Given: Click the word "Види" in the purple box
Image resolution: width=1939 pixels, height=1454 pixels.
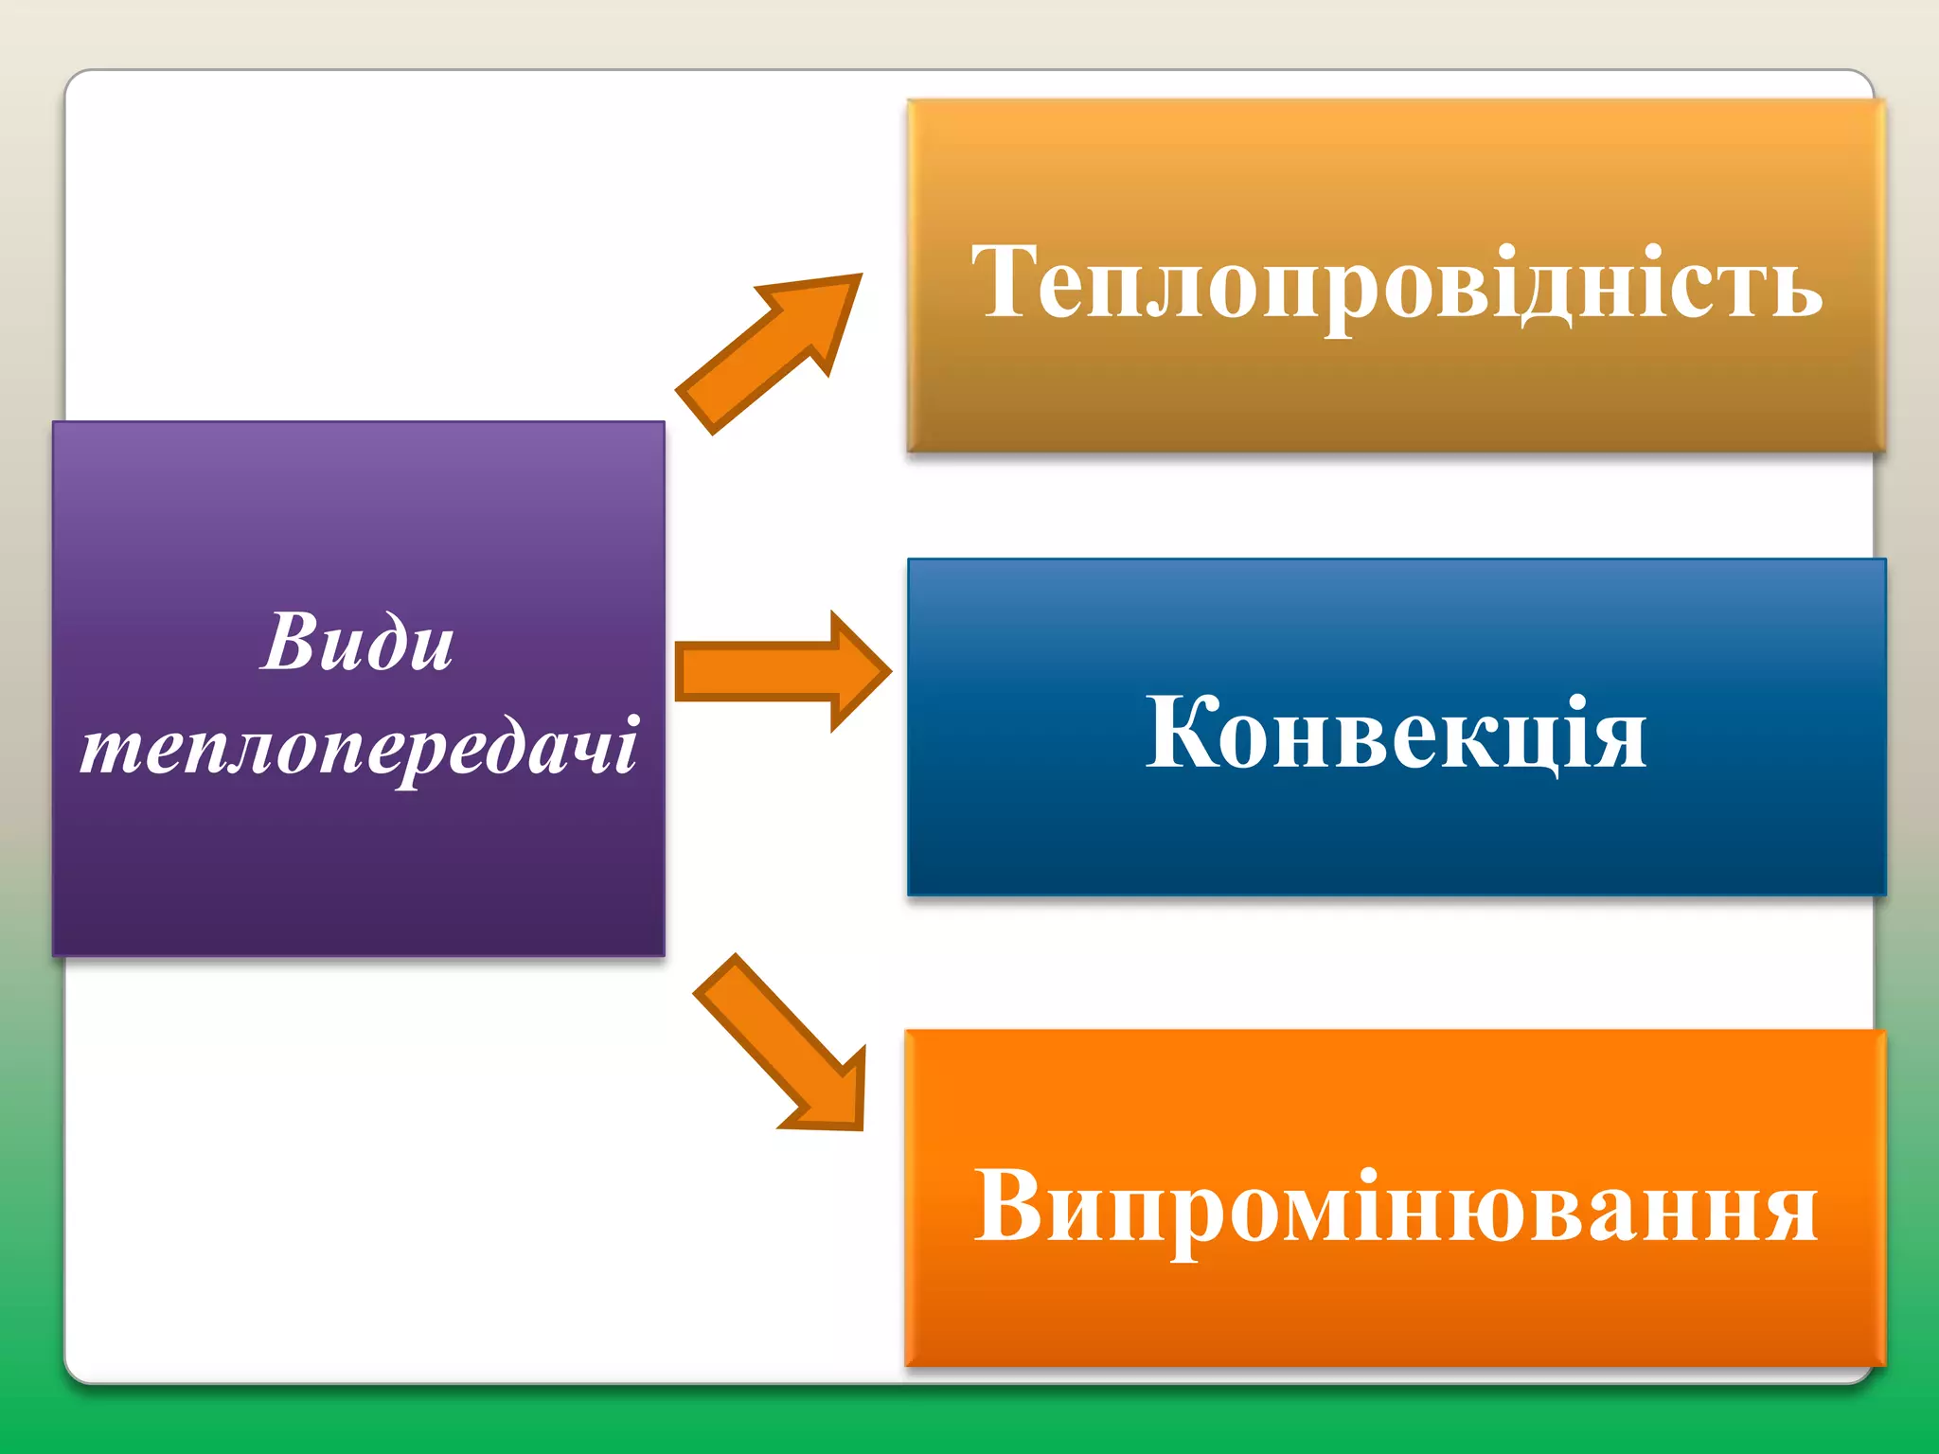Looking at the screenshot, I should [x=357, y=643].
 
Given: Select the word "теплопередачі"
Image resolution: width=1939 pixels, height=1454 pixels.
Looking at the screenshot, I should [x=359, y=747].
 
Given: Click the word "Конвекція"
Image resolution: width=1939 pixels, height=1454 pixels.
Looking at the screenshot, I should [x=1396, y=733].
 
